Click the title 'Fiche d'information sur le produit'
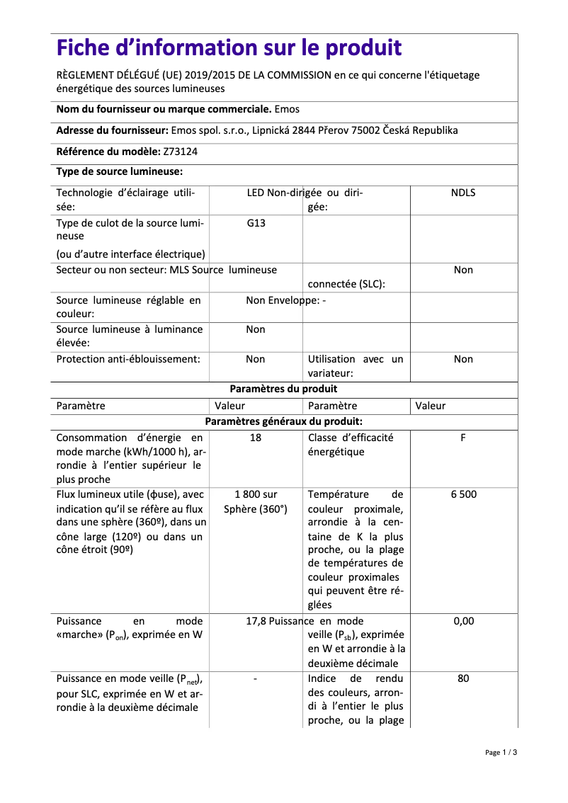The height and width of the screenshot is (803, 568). tap(229, 48)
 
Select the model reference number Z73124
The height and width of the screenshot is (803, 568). tap(181, 151)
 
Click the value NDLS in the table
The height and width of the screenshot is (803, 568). tap(463, 193)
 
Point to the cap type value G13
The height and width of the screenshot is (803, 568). tap(256, 222)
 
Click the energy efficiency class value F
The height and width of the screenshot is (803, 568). tap(463, 438)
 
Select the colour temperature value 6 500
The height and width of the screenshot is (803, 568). tap(463, 494)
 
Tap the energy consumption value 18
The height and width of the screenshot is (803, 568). tap(256, 438)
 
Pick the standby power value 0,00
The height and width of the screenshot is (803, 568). tap(463, 621)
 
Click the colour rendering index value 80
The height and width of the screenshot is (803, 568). tap(463, 678)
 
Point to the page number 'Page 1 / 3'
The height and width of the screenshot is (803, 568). tap(501, 752)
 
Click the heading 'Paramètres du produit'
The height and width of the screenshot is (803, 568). tap(283, 389)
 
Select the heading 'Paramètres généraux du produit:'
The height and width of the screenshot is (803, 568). tap(283, 421)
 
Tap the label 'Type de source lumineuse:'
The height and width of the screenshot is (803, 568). tap(120, 171)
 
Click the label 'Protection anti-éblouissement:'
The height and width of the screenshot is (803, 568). tap(128, 359)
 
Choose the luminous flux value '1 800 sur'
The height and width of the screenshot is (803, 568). tap(256, 494)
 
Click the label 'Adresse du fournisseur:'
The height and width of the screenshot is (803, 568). tap(112, 130)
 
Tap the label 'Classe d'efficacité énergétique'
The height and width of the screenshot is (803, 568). tap(351, 445)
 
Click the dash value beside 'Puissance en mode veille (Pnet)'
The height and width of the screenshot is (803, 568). tap(255, 678)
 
